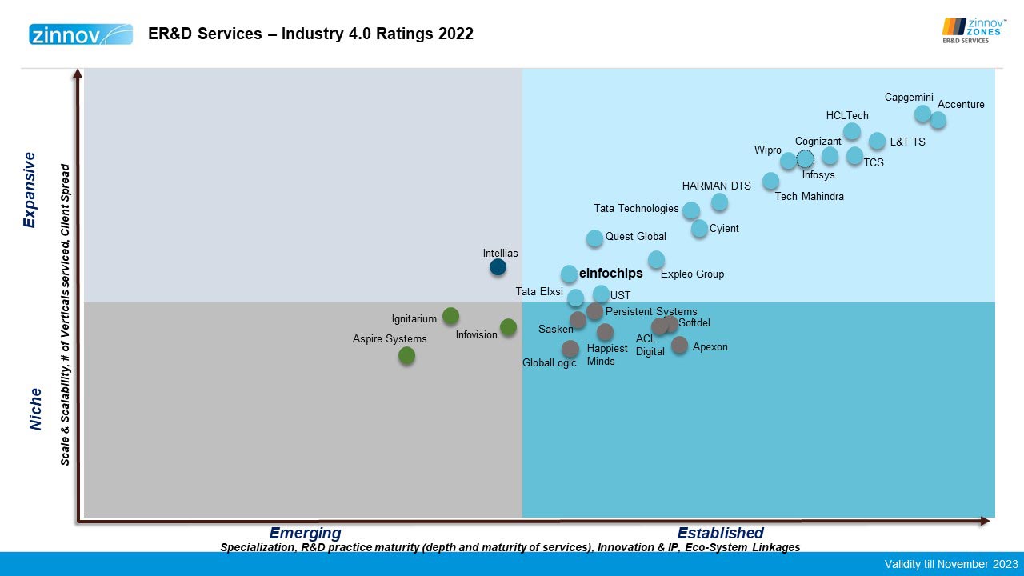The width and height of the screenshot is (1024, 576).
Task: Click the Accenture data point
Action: (938, 120)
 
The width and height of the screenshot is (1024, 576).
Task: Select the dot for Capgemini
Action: (922, 113)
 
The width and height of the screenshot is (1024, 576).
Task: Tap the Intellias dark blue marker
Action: (498, 267)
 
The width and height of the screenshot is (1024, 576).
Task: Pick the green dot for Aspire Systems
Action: (406, 355)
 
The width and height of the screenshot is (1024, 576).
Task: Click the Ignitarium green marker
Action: (450, 316)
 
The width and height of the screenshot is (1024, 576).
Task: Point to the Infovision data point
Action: (508, 326)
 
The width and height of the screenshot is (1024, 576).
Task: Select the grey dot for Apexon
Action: (679, 345)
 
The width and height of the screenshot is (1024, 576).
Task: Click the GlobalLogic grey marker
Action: (570, 349)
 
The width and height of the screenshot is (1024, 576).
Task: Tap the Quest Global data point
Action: (594, 238)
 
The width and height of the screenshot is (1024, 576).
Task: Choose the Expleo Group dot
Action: (656, 259)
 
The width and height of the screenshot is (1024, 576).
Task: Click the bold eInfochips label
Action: (610, 274)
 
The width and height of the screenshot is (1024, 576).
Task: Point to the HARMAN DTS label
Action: (716, 186)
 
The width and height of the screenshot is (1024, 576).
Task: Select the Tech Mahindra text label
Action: (809, 197)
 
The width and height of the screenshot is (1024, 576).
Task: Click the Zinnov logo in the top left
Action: (81, 34)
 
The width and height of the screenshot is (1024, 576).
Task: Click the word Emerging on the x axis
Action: (305, 533)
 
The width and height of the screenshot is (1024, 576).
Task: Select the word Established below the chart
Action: (720, 533)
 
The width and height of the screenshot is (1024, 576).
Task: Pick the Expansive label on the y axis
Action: (30, 190)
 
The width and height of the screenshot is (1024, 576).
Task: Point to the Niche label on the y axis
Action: (35, 409)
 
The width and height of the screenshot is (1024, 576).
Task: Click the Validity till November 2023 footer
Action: (950, 564)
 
